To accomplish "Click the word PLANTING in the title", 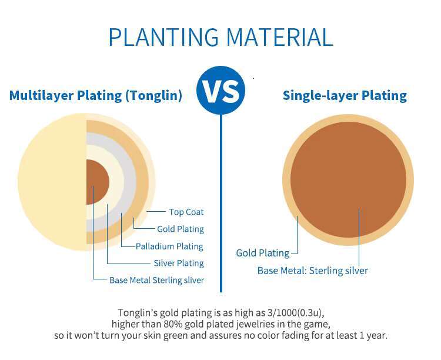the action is tap(163, 37).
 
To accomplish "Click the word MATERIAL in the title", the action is tap(279, 37).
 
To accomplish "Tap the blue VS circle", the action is tap(220, 91).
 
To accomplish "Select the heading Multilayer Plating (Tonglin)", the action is tap(96, 95).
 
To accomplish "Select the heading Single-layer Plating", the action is tap(345, 95).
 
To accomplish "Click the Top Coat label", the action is tap(186, 212).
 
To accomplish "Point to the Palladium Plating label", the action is tap(169, 246).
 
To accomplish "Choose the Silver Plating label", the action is tap(179, 263).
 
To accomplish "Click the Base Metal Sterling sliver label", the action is tap(156, 280).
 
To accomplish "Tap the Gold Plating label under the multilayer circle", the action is tap(181, 229).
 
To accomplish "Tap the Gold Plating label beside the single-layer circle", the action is tap(263, 253).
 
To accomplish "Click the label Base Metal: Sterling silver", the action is tap(313, 271).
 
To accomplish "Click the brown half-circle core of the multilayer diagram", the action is tap(97, 182).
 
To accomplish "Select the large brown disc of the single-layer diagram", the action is tap(348, 179).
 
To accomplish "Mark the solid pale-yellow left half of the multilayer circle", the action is tap(52, 182).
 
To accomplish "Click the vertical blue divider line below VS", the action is tap(220, 203).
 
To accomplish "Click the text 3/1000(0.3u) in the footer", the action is tap(295, 313).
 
